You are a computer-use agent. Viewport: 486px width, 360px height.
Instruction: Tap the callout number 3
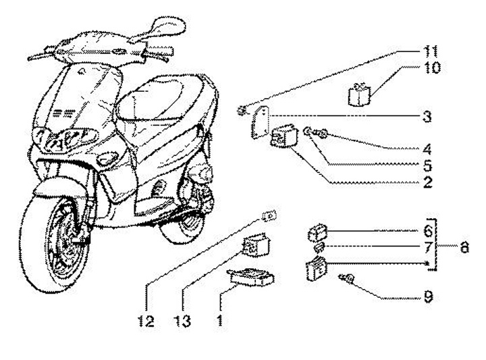point(425,115)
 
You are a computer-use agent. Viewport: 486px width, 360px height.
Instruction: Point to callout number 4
point(425,148)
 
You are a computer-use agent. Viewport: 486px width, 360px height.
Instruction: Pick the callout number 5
point(425,164)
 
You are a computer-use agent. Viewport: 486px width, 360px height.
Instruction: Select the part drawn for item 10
point(360,94)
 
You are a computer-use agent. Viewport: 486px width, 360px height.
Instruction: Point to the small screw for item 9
point(349,278)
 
